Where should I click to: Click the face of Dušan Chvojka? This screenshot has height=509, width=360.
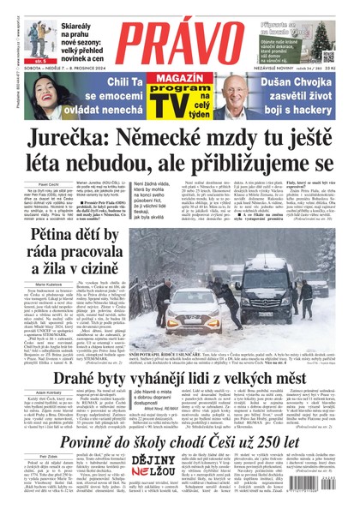pos(234,92)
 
